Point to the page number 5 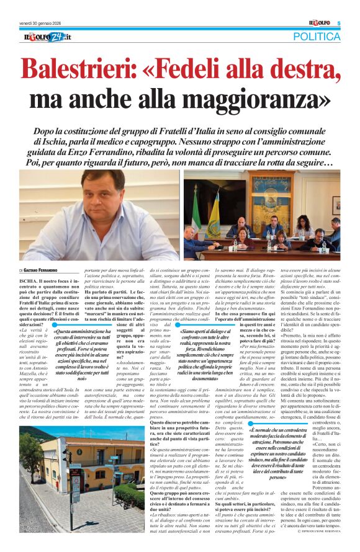coord(338,23)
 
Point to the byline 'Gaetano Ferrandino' coord(47,270)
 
